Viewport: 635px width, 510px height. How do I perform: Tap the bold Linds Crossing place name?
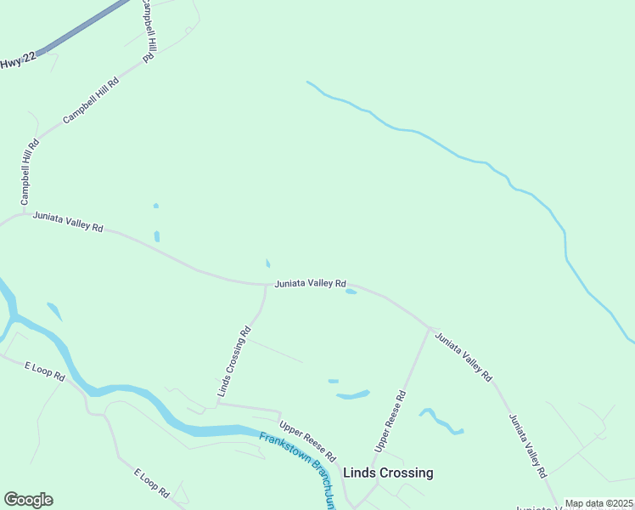point(387,473)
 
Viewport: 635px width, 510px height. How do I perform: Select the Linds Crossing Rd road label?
point(234,362)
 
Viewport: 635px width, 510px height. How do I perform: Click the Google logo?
point(28,500)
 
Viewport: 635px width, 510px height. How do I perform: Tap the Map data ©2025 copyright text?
point(598,503)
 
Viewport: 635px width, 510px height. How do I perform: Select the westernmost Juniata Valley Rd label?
point(68,222)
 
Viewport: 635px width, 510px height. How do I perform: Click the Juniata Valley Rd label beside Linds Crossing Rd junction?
point(310,283)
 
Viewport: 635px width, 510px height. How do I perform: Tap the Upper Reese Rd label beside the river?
point(307,439)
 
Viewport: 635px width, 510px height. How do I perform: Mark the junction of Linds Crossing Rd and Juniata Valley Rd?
point(266,286)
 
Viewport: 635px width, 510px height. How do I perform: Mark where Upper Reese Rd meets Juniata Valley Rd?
point(430,328)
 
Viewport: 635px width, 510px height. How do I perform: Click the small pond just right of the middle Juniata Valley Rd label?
point(351,292)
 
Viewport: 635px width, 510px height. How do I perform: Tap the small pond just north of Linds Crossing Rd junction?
point(268,263)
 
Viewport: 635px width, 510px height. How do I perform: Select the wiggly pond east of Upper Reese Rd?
point(441,422)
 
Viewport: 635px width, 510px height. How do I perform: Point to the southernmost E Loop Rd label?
point(152,481)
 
